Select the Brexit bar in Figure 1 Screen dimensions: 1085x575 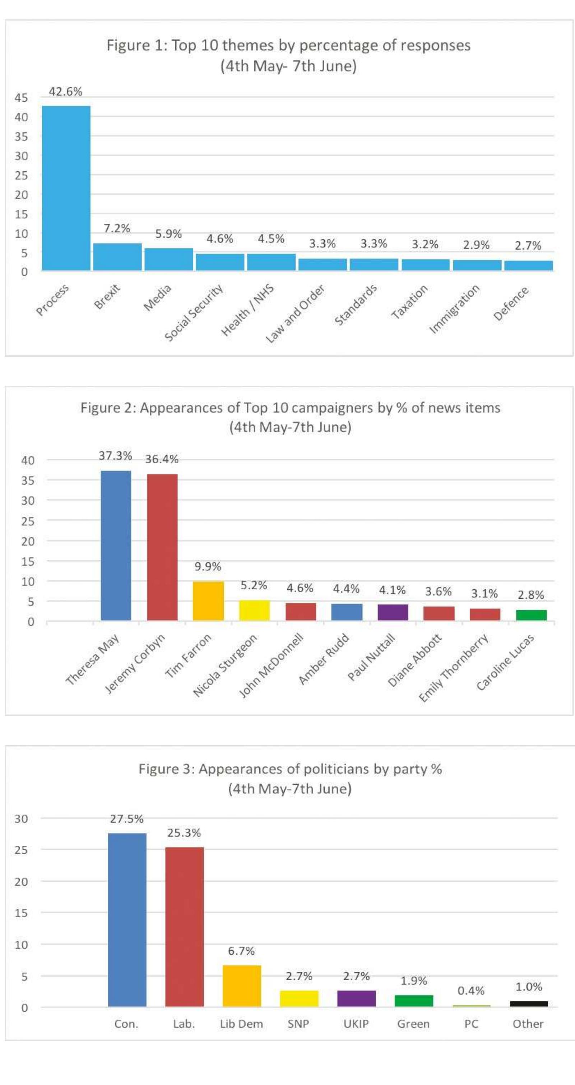[x=117, y=256]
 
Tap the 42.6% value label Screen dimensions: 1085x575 [x=66, y=91]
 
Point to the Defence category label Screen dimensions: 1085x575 [x=511, y=303]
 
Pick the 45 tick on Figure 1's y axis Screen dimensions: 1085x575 [x=21, y=98]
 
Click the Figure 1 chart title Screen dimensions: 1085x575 [x=288, y=55]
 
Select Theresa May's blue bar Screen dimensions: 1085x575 [x=116, y=546]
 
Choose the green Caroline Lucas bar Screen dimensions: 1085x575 [x=531, y=615]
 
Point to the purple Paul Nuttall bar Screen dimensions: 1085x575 [x=393, y=612]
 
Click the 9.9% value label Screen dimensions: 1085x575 [x=208, y=566]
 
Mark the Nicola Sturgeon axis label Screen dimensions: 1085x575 [x=225, y=666]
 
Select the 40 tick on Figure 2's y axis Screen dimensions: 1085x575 [x=28, y=460]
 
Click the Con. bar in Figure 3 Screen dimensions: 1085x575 [x=127, y=920]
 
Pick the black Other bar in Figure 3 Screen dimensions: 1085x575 [x=529, y=1004]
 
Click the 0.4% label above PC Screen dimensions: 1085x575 [x=471, y=991]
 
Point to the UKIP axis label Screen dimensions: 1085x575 [x=356, y=1024]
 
